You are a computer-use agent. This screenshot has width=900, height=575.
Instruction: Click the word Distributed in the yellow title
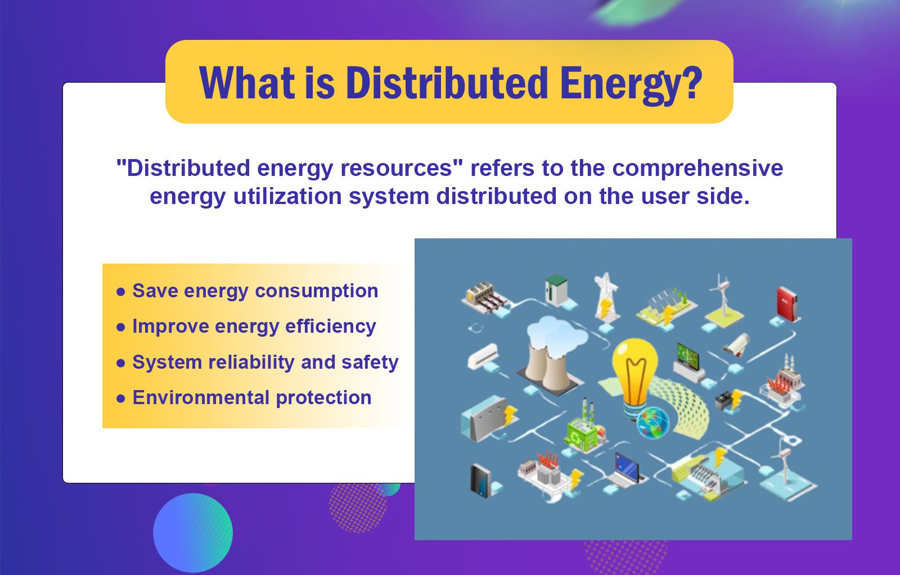click(x=447, y=83)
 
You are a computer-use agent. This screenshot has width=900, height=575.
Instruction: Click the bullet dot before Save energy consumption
click(x=120, y=292)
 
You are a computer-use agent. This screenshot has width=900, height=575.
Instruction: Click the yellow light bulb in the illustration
click(x=634, y=371)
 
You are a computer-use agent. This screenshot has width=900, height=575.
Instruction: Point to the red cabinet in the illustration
click(x=787, y=304)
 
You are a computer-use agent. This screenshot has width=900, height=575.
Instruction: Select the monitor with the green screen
click(x=688, y=357)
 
